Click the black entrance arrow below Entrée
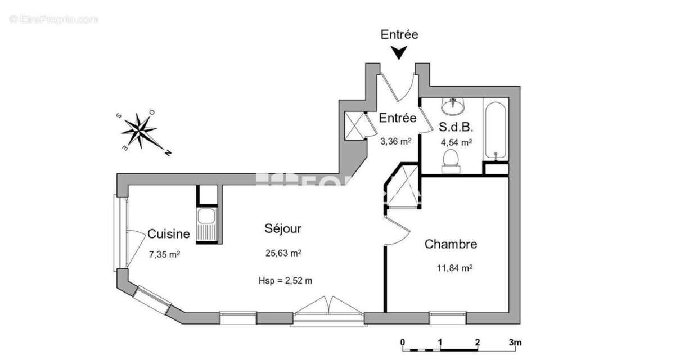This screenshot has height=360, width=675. [399, 52]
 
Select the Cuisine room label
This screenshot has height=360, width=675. [168, 234]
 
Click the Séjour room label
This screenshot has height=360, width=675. [283, 228]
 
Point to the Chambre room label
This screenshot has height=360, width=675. [451, 244]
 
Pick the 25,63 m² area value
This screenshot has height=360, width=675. [283, 253]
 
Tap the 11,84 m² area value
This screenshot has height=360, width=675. [454, 268]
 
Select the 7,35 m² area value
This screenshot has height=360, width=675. [164, 254]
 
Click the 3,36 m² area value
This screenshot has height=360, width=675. [396, 141]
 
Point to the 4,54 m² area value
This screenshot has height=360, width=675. [456, 142]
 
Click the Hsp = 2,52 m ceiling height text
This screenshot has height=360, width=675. [285, 281]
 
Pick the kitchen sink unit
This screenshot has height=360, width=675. [206, 226]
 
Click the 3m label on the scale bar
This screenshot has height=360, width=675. [515, 342]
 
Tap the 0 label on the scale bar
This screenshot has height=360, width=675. [403, 342]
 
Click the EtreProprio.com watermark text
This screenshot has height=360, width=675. [54, 20]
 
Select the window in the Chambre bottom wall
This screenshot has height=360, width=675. [448, 317]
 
